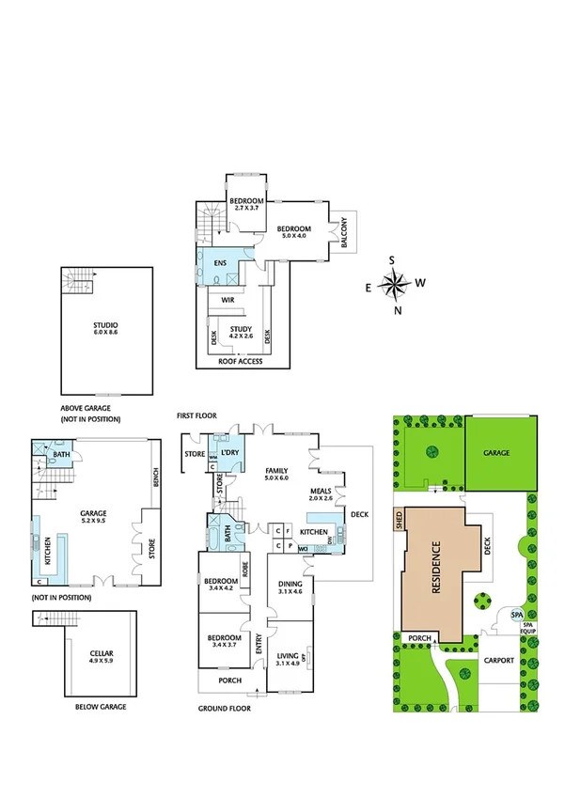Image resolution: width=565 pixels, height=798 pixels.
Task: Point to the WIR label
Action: pos(228,300)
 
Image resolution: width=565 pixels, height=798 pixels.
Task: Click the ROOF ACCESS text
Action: pos(240,361)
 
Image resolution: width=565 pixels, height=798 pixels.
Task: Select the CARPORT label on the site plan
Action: pos(499,660)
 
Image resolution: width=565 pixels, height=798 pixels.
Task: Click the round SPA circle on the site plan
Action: pos(515,615)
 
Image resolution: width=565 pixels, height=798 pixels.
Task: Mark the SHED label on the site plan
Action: pos(399,521)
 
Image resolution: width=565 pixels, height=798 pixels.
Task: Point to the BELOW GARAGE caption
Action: pos(100,706)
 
